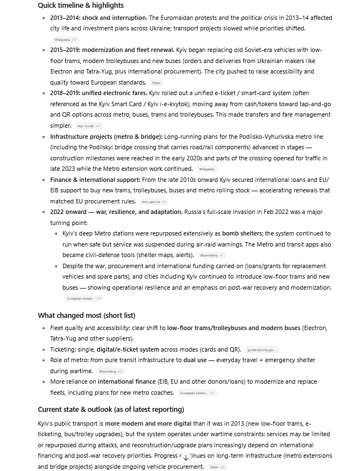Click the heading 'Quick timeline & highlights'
pos(81,6)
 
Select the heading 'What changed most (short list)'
pos(86,316)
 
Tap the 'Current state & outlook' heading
pos(111,410)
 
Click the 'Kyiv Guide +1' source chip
pos(88,126)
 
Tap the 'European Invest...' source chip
pos(84,299)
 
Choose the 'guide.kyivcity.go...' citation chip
pos(261,350)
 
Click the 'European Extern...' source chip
pos(197,393)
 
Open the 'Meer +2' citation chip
pos(217,467)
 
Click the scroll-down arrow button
pos(186,458)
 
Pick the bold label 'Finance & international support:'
pos(95,180)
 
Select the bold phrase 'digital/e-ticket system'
pos(128,350)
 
